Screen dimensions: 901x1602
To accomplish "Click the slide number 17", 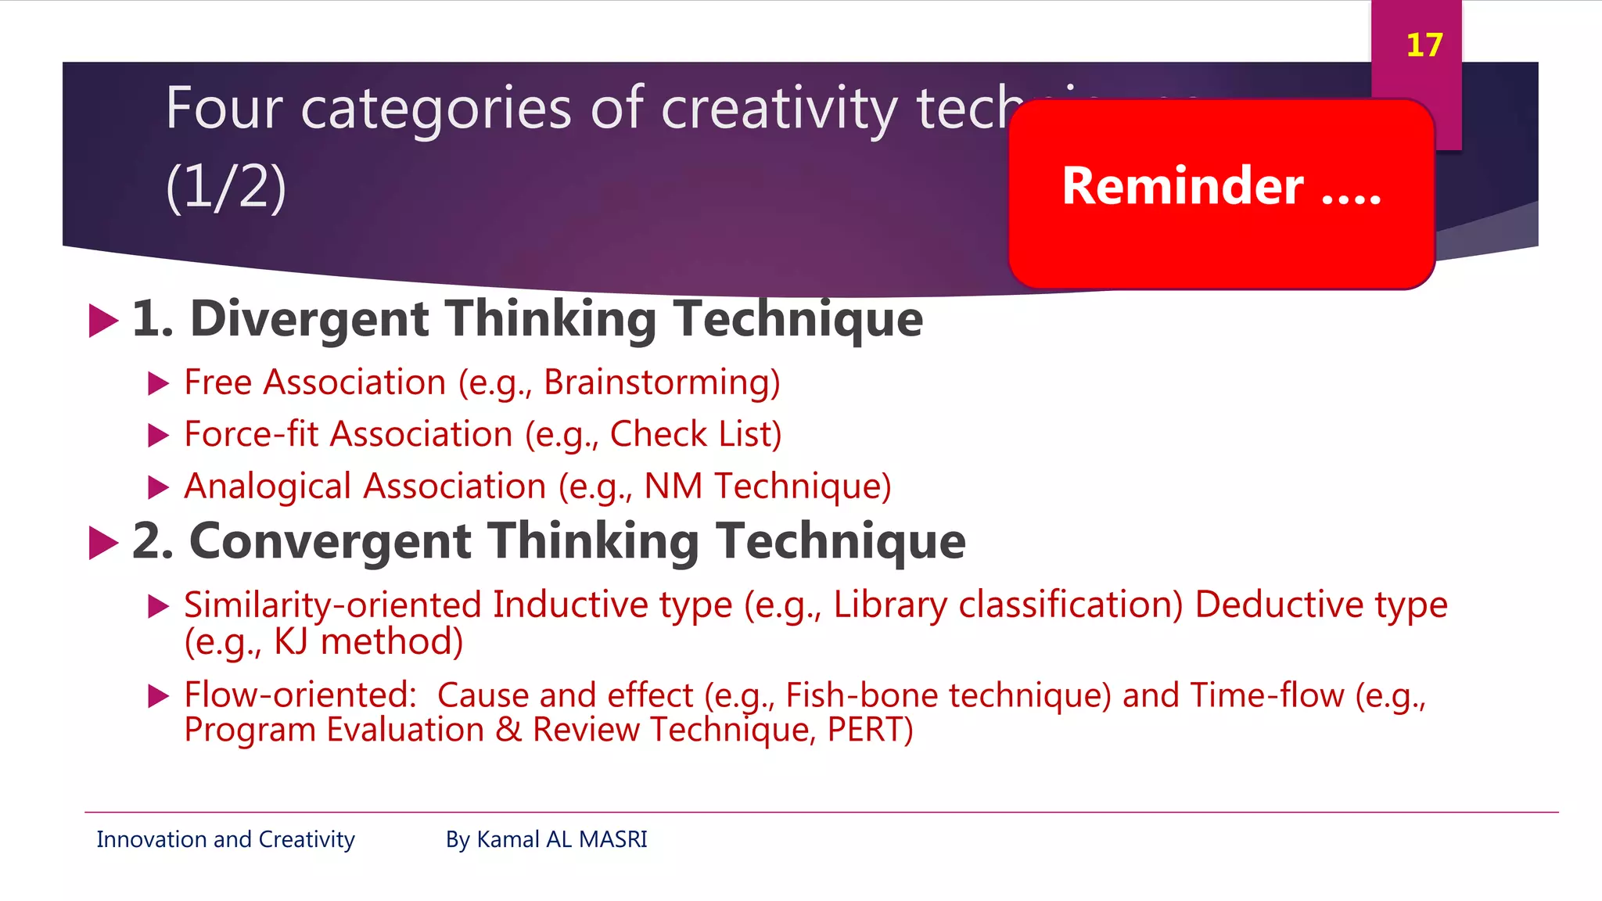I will coord(1424,45).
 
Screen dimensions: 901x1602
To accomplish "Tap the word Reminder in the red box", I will coord(1182,187).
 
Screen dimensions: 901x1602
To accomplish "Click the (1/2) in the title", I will coord(226,188).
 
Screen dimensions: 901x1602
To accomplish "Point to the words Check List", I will coord(695,435).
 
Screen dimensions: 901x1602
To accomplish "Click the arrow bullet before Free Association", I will coord(159,383).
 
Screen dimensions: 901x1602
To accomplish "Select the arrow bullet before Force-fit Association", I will coord(159,436).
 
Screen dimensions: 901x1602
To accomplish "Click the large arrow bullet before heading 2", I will coord(103,543).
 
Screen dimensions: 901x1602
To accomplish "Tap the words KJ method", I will coord(368,642).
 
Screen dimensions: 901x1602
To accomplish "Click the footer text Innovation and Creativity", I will coord(225,839).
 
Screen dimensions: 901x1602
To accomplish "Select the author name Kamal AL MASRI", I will coord(562,839).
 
